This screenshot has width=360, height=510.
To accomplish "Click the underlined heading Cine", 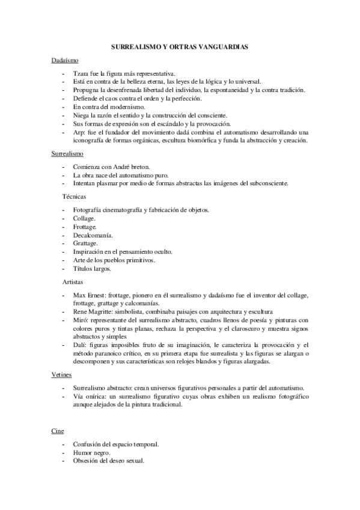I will (55, 431).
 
